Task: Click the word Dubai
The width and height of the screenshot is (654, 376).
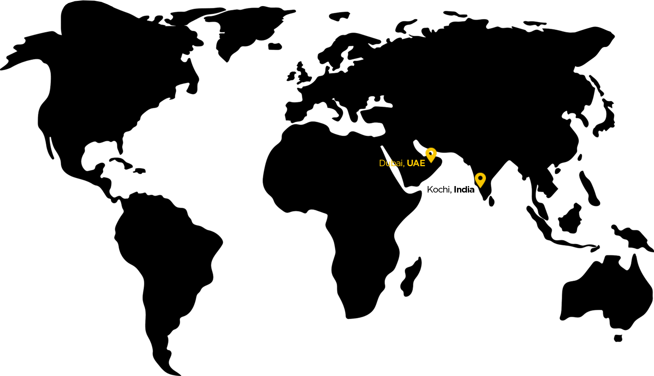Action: (391, 163)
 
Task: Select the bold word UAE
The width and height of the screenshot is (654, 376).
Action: (416, 163)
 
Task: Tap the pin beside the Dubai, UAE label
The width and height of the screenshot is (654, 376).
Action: (431, 155)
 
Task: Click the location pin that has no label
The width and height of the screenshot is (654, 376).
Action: (480, 180)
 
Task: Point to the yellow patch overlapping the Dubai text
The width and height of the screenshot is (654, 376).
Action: (391, 164)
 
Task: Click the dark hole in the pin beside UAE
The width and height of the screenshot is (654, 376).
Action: (430, 153)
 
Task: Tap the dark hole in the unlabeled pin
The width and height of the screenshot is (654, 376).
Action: (480, 177)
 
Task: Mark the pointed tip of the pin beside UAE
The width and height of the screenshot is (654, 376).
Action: (431, 162)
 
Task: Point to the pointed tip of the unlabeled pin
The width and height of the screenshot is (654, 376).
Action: (480, 187)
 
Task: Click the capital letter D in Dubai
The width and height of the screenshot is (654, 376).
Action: (382, 163)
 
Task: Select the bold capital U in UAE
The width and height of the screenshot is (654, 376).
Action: (410, 163)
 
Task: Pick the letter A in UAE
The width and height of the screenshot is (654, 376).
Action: (416, 163)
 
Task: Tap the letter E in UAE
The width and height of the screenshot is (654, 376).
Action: (422, 163)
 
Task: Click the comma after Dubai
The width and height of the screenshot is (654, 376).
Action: (404, 165)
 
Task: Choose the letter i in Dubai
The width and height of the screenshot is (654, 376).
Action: (402, 163)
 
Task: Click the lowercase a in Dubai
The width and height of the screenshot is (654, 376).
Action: (398, 164)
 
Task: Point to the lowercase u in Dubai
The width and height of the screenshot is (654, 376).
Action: (387, 164)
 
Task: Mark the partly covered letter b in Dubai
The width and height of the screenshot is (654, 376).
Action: (393, 163)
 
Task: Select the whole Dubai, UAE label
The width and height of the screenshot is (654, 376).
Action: (402, 163)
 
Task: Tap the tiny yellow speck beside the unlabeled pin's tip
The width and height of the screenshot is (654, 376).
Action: (477, 187)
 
